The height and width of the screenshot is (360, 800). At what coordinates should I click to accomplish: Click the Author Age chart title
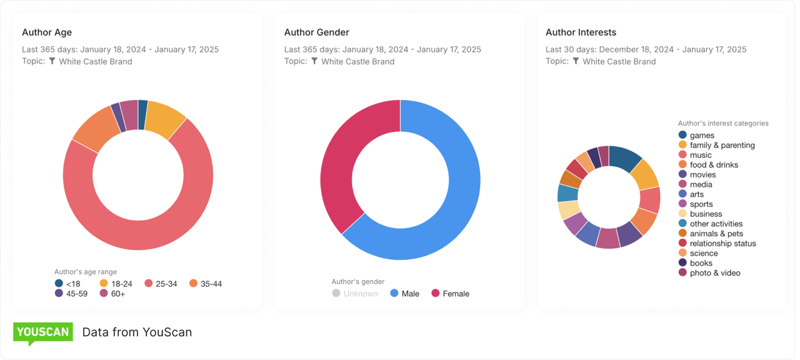pos(47,32)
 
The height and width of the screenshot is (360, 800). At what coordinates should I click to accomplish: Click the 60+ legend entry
pos(112,294)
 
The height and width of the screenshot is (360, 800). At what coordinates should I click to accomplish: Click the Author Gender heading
pos(316,32)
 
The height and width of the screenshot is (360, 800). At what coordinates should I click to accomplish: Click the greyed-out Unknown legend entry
pos(354,294)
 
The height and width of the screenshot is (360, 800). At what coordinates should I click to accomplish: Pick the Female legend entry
pos(450,294)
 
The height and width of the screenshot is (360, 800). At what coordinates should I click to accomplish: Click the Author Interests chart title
pos(581,32)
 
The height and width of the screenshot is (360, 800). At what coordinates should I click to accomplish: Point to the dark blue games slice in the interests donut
pos(625,158)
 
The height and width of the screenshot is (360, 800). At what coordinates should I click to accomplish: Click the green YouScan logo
pos(43,332)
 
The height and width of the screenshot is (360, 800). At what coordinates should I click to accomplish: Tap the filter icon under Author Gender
pos(314,61)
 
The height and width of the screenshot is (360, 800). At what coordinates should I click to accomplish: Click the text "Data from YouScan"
pos(137,332)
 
